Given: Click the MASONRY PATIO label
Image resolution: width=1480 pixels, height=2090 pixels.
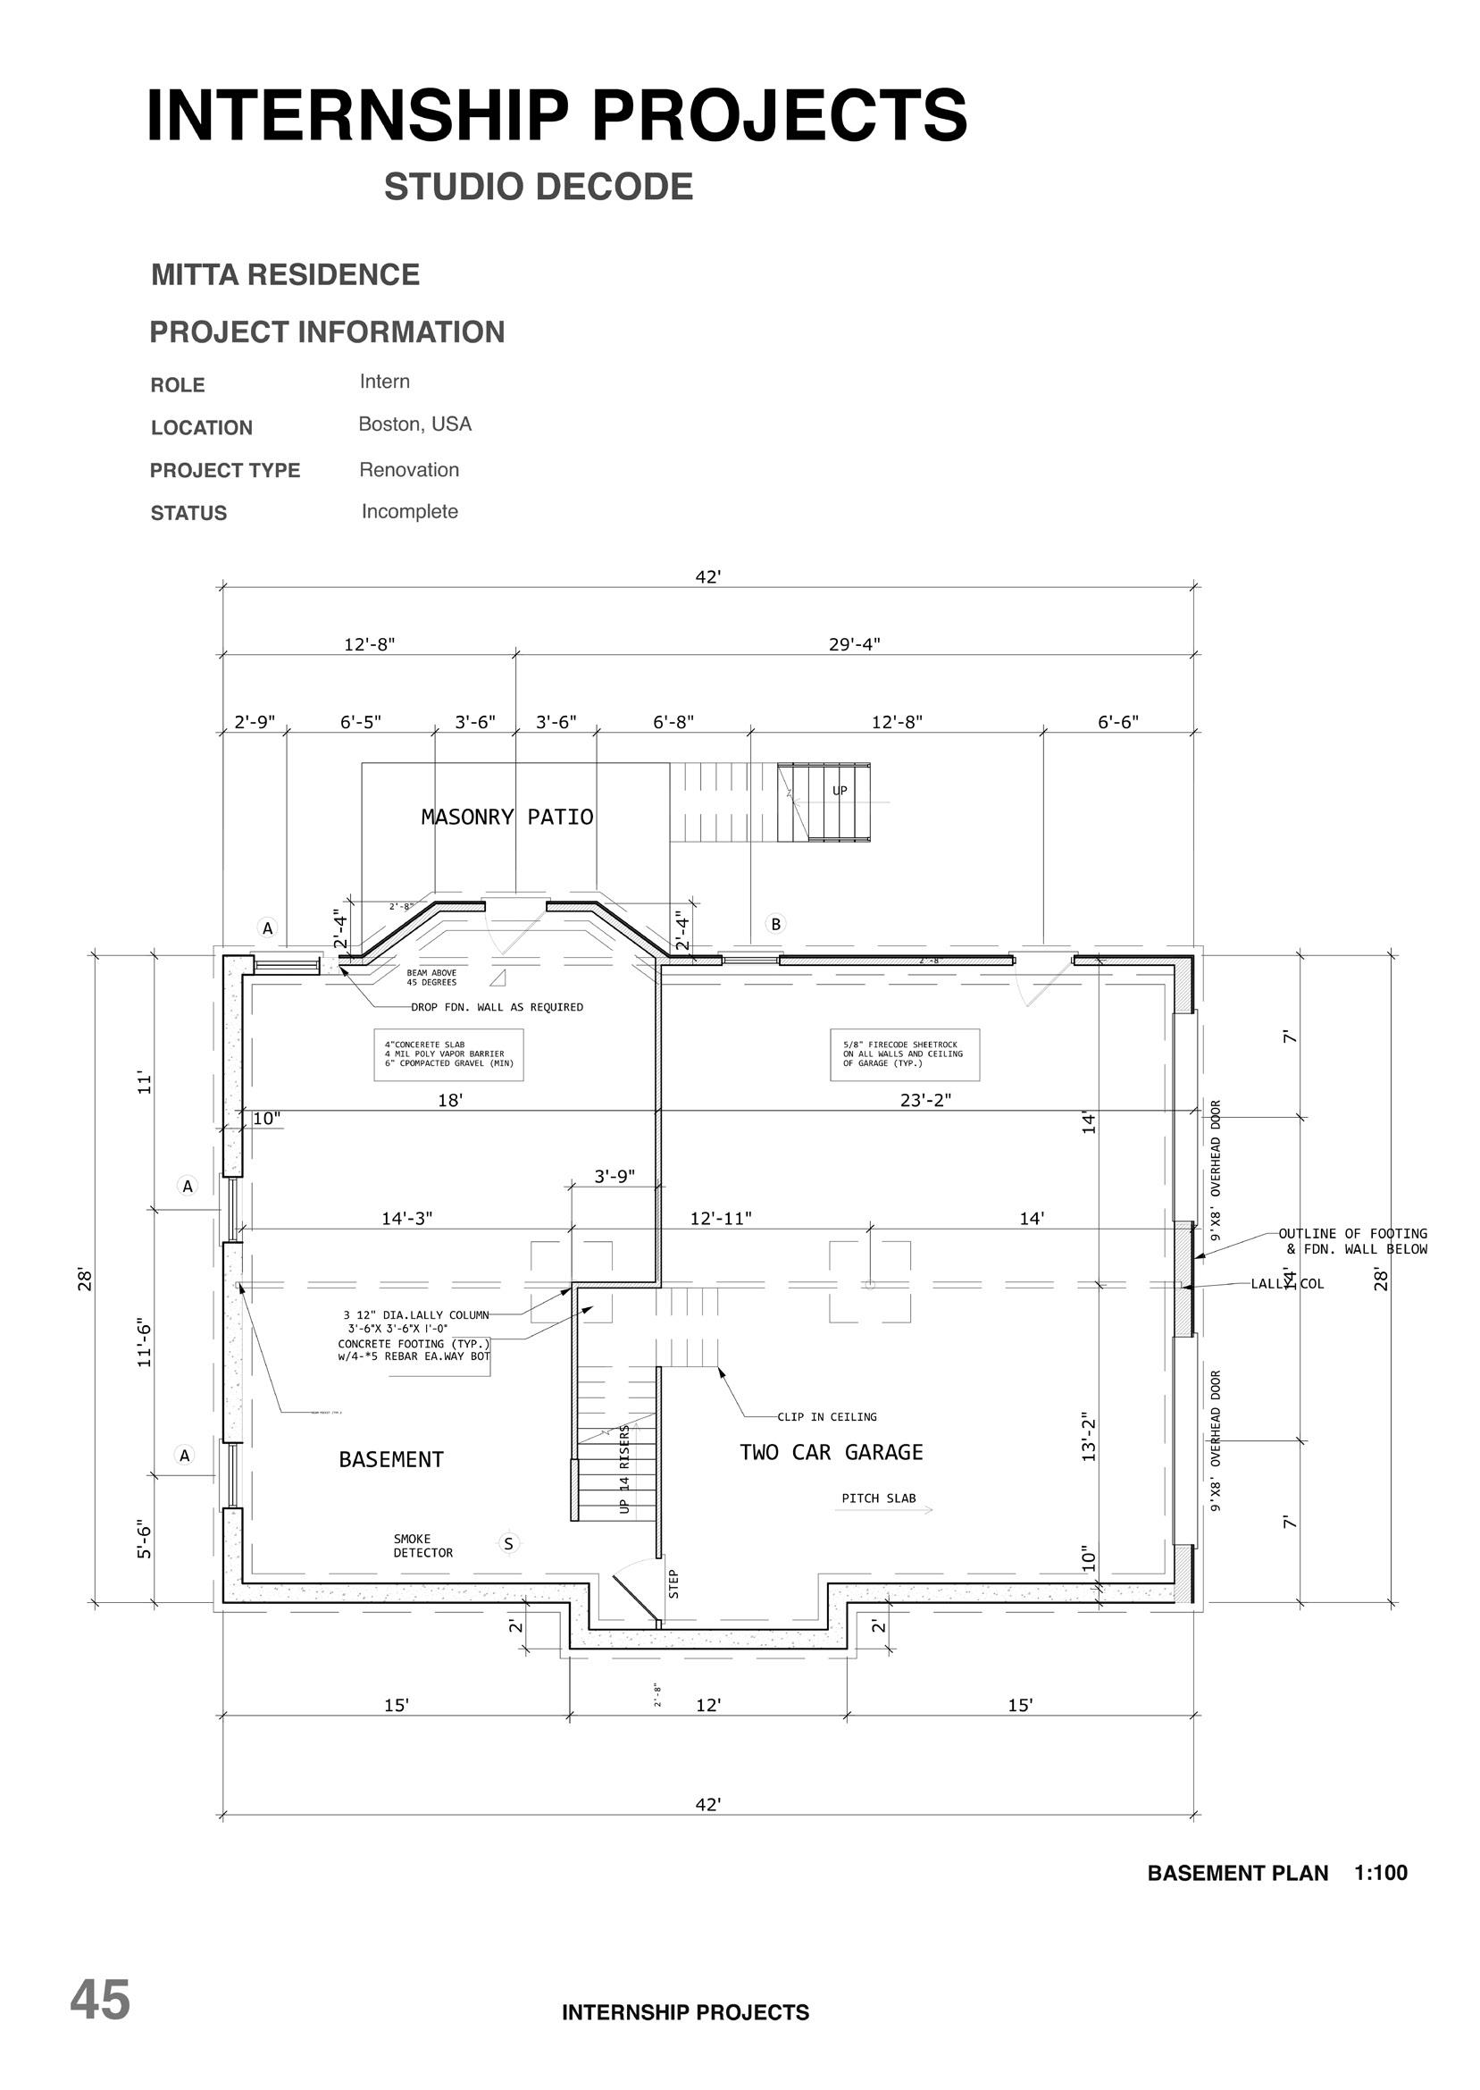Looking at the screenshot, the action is [x=506, y=818].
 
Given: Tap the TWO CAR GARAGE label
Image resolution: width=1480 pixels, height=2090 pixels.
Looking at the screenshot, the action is [x=832, y=1453].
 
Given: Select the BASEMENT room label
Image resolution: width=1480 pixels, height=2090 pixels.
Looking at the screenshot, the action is [x=391, y=1460].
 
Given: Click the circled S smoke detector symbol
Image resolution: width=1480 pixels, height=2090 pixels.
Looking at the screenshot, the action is [x=508, y=1544].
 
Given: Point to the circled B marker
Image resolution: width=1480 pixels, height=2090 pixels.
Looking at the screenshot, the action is [x=775, y=924].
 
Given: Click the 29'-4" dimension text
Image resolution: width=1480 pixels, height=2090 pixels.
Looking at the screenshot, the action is [x=854, y=644].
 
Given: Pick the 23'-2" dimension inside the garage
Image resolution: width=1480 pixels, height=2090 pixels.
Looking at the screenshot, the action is [x=925, y=1100].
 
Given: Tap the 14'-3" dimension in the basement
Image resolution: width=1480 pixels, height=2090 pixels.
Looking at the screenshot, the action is [x=406, y=1219].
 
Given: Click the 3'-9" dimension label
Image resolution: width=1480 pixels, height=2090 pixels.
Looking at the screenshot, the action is [x=615, y=1177].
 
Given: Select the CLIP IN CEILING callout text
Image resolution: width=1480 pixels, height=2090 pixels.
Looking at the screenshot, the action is [x=826, y=1417].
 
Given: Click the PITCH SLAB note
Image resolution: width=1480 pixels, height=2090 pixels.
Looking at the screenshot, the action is [x=879, y=1498].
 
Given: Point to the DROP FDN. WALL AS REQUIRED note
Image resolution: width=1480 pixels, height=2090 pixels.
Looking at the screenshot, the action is [x=497, y=1007].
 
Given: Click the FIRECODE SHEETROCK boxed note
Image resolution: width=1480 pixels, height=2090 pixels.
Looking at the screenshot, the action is [x=904, y=1054].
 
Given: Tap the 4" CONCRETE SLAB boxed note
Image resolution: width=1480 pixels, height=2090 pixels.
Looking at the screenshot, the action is [x=448, y=1054].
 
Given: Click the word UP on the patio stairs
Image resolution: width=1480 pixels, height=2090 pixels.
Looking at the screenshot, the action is [x=840, y=791].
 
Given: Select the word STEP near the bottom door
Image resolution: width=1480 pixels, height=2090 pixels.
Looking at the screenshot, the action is [x=673, y=1583].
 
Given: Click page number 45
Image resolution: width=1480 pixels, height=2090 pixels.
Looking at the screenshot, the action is [x=100, y=2001].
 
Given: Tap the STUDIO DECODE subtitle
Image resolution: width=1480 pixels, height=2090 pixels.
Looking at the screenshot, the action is [x=539, y=187].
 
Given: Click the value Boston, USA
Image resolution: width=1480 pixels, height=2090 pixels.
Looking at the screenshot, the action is [x=414, y=424].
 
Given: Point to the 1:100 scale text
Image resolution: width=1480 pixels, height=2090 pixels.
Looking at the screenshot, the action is [x=1381, y=1873].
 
